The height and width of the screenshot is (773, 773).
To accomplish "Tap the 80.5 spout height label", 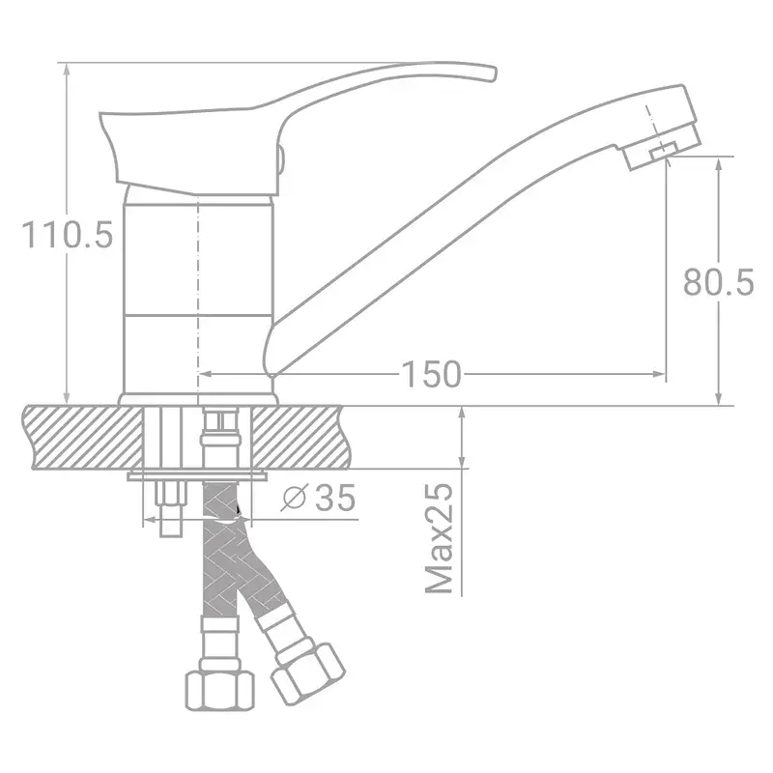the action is click(718, 282).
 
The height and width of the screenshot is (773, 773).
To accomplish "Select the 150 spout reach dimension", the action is click(431, 375).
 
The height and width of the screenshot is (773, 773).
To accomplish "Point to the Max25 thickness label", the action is click(439, 539).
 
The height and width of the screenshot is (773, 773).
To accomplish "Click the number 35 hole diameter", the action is click(335, 498).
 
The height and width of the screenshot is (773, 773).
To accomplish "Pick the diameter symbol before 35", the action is click(295, 498).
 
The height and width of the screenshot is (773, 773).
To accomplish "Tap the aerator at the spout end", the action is click(662, 147).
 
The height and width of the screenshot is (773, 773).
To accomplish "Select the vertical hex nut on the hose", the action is click(220, 690).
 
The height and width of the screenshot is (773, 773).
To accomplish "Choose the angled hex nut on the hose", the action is click(308, 672).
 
